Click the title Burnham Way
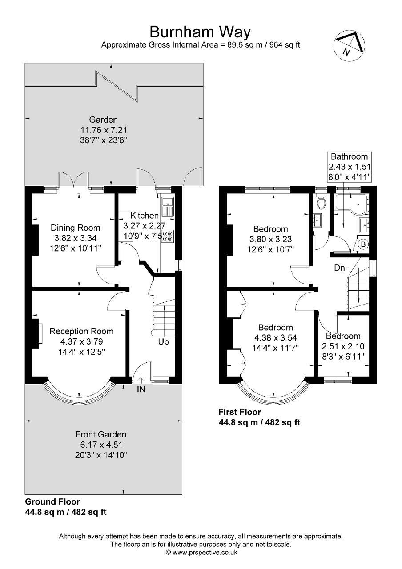click(x=200, y=32)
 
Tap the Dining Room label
click(x=75, y=228)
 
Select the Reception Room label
click(x=81, y=331)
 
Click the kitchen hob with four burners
click(x=168, y=236)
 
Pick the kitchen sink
click(x=168, y=205)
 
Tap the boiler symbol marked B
click(x=362, y=244)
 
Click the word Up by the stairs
click(x=163, y=342)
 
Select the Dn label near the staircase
click(x=340, y=268)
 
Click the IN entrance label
click(x=141, y=389)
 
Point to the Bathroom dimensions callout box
click(x=350, y=166)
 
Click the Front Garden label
click(x=101, y=434)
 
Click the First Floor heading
click(x=240, y=412)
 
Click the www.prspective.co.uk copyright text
click(x=201, y=553)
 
